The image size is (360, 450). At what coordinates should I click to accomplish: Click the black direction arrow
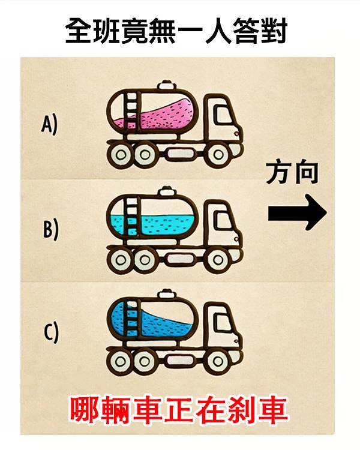(x=298, y=212)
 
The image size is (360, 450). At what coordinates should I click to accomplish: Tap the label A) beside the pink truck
(x=49, y=124)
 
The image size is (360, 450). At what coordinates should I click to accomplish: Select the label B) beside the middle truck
(x=50, y=229)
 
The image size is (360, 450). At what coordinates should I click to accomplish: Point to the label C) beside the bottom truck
(x=51, y=332)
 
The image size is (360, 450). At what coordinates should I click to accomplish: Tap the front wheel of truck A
(x=218, y=155)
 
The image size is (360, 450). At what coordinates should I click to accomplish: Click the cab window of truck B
(x=223, y=220)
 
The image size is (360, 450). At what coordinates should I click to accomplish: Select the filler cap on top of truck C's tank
(x=167, y=295)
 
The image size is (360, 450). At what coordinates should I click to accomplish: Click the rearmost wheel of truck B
(x=121, y=260)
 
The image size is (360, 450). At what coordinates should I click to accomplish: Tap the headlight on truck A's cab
(x=236, y=133)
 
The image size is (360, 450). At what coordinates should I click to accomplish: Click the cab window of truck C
(x=223, y=322)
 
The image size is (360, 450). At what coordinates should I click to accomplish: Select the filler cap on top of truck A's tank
(x=167, y=85)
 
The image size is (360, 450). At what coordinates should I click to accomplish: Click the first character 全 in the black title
(x=79, y=31)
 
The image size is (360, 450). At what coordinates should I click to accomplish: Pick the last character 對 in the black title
(x=274, y=31)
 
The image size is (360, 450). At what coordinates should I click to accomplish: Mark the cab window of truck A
(x=224, y=115)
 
